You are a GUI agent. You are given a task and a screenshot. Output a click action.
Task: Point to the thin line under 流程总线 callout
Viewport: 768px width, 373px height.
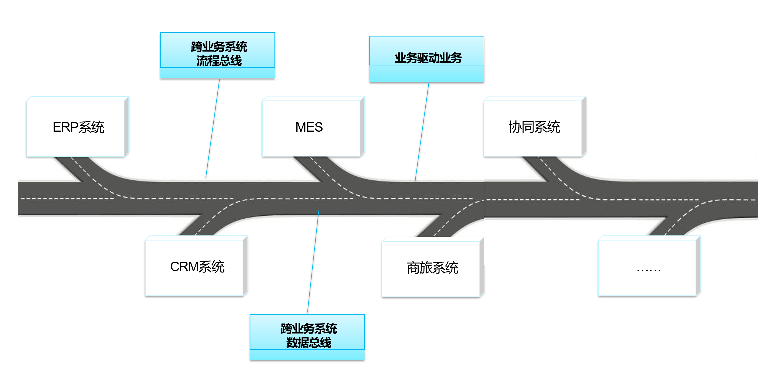[213, 128]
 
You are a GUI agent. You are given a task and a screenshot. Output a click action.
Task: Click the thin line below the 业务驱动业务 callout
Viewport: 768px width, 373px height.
[422, 131]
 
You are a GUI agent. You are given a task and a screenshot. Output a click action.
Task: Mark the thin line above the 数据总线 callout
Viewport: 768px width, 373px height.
[313, 262]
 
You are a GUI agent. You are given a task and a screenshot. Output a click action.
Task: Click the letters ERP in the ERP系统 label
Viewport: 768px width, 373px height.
[65, 127]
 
